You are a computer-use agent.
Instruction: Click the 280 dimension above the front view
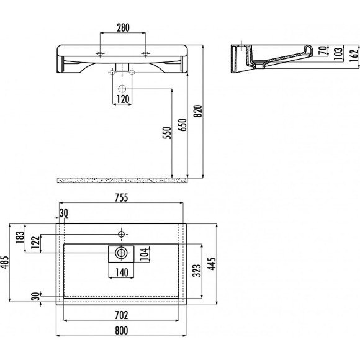(x=122, y=27)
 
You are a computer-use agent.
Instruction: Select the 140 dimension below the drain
(x=122, y=272)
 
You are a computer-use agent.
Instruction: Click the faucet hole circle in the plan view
(x=122, y=234)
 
